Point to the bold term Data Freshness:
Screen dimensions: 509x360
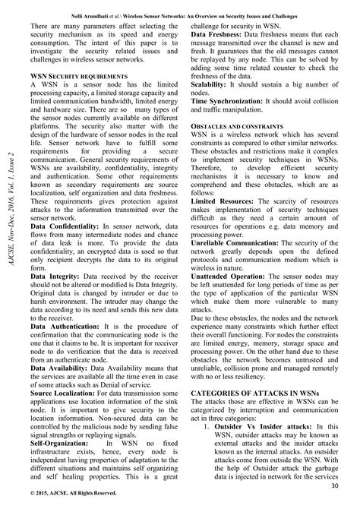(x=221, y=35)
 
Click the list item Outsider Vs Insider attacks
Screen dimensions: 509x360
(x=259, y=427)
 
